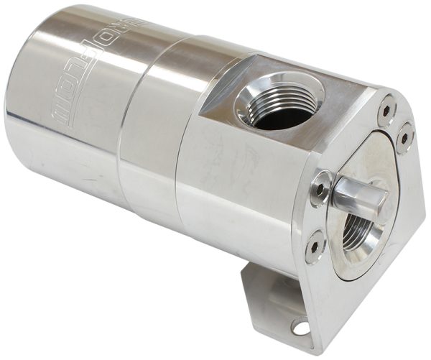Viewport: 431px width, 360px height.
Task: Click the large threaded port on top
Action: [279, 100]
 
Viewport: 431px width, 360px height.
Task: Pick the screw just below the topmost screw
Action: [404, 136]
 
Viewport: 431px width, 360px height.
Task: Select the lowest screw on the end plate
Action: [315, 249]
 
